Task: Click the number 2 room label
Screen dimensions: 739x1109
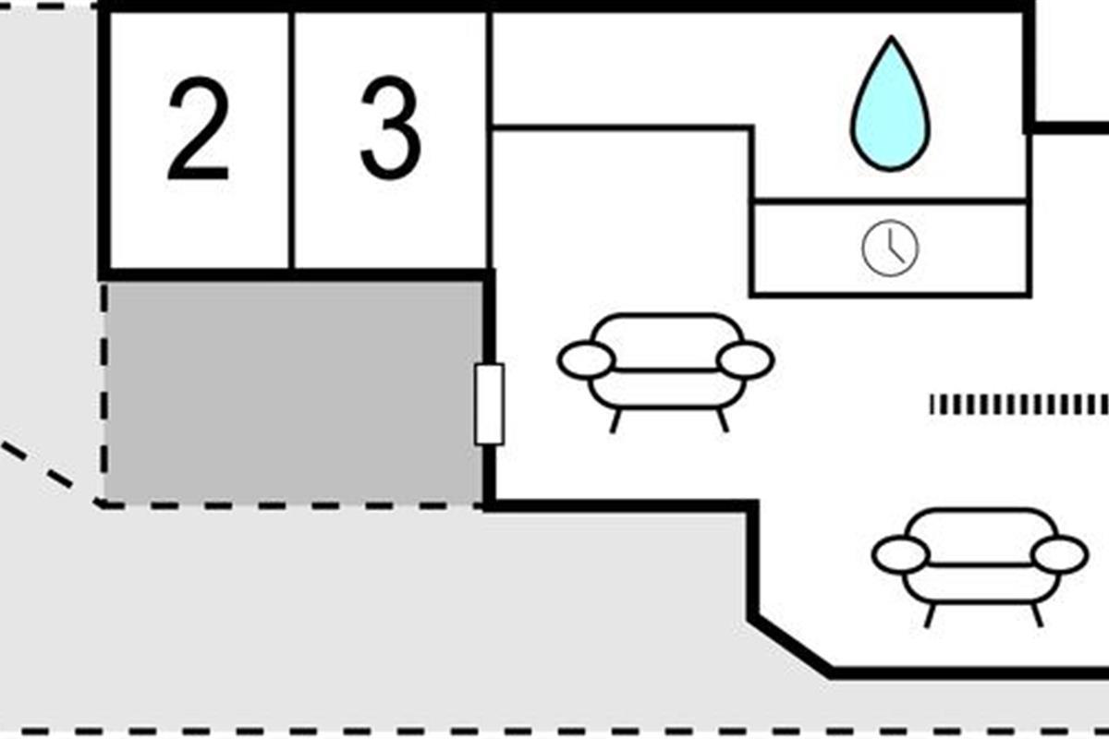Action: point(198,130)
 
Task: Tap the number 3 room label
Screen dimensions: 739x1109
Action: point(390,130)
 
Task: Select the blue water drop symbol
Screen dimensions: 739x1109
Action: point(890,109)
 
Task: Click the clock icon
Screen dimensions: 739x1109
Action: point(890,248)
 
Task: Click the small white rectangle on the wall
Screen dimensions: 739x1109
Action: point(489,404)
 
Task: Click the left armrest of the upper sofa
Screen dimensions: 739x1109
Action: point(586,360)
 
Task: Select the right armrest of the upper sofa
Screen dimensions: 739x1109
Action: point(745,360)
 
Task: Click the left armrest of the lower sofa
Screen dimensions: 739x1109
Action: point(900,554)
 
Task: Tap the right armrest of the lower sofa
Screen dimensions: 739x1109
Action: point(1059,554)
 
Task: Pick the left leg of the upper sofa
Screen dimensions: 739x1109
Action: point(615,420)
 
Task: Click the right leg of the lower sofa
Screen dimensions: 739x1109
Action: point(1037,615)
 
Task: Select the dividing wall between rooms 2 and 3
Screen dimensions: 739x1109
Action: point(292,139)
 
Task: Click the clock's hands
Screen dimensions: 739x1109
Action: point(893,249)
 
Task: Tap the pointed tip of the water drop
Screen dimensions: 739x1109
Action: point(891,42)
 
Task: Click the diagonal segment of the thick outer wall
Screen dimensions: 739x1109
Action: point(791,645)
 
